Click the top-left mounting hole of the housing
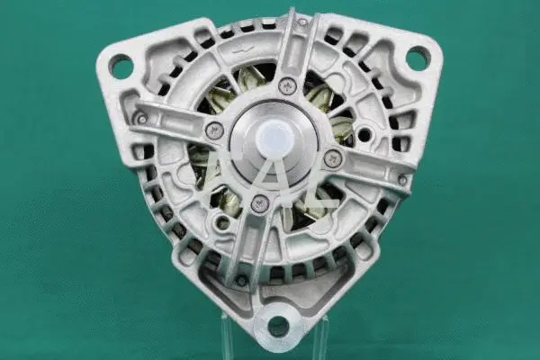pyautogui.click(x=121, y=65)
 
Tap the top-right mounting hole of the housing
pyautogui.click(x=417, y=58)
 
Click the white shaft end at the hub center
pyautogui.click(x=274, y=139)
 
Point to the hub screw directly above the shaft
pyautogui.click(x=287, y=86)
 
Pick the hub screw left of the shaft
pyautogui.click(x=214, y=130)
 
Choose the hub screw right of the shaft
pyautogui.click(x=333, y=158)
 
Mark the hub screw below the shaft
pyautogui.click(x=260, y=203)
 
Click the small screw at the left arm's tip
pyautogui.click(x=140, y=118)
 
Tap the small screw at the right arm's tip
pyautogui.click(x=402, y=179)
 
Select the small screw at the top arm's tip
pyautogui.click(x=303, y=21)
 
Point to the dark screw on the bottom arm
pyautogui.click(x=241, y=280)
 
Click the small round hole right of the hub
pyautogui.click(x=364, y=136)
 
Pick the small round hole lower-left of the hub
pyautogui.click(x=221, y=222)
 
